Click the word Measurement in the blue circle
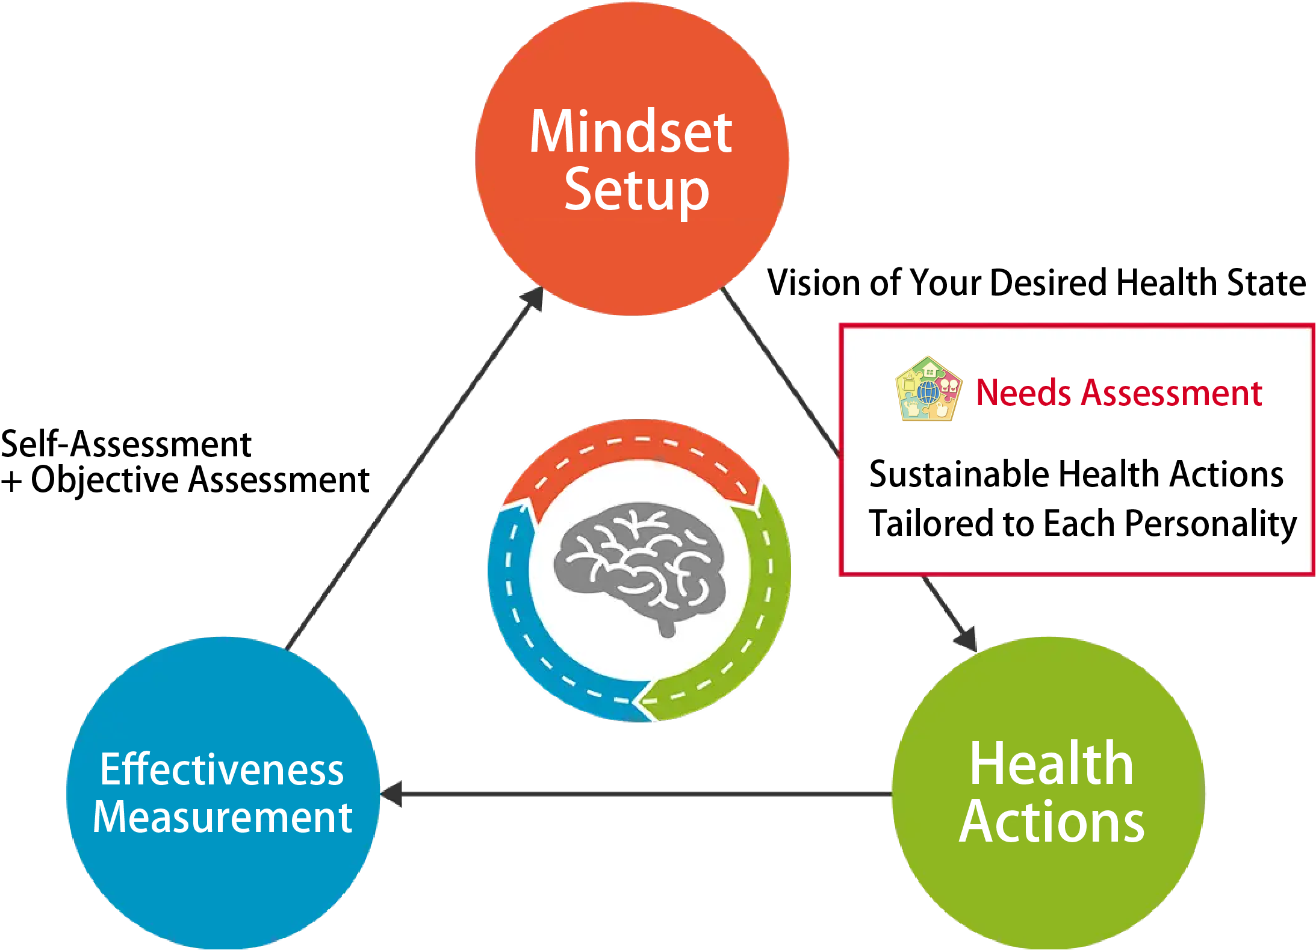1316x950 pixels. pyautogui.click(x=222, y=817)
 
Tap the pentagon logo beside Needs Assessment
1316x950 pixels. pyautogui.click(x=928, y=389)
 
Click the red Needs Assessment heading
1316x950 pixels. pyautogui.click(x=1119, y=393)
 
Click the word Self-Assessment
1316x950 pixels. pyautogui.click(x=126, y=444)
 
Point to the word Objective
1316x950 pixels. pyautogui.click(x=105, y=480)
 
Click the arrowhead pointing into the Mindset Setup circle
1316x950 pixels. pyautogui.click(x=532, y=299)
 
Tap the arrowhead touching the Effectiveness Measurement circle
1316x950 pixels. pyautogui.click(x=391, y=794)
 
